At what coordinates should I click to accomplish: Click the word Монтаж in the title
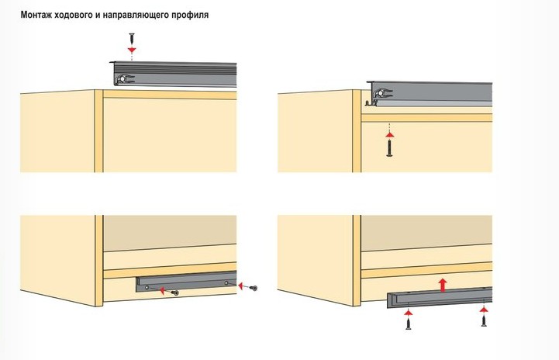click(39, 15)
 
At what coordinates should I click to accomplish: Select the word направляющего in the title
click(145, 15)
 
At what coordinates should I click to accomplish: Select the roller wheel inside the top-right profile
click(378, 94)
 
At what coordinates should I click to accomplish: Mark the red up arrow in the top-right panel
click(388, 133)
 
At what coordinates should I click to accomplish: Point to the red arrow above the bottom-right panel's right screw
click(483, 307)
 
